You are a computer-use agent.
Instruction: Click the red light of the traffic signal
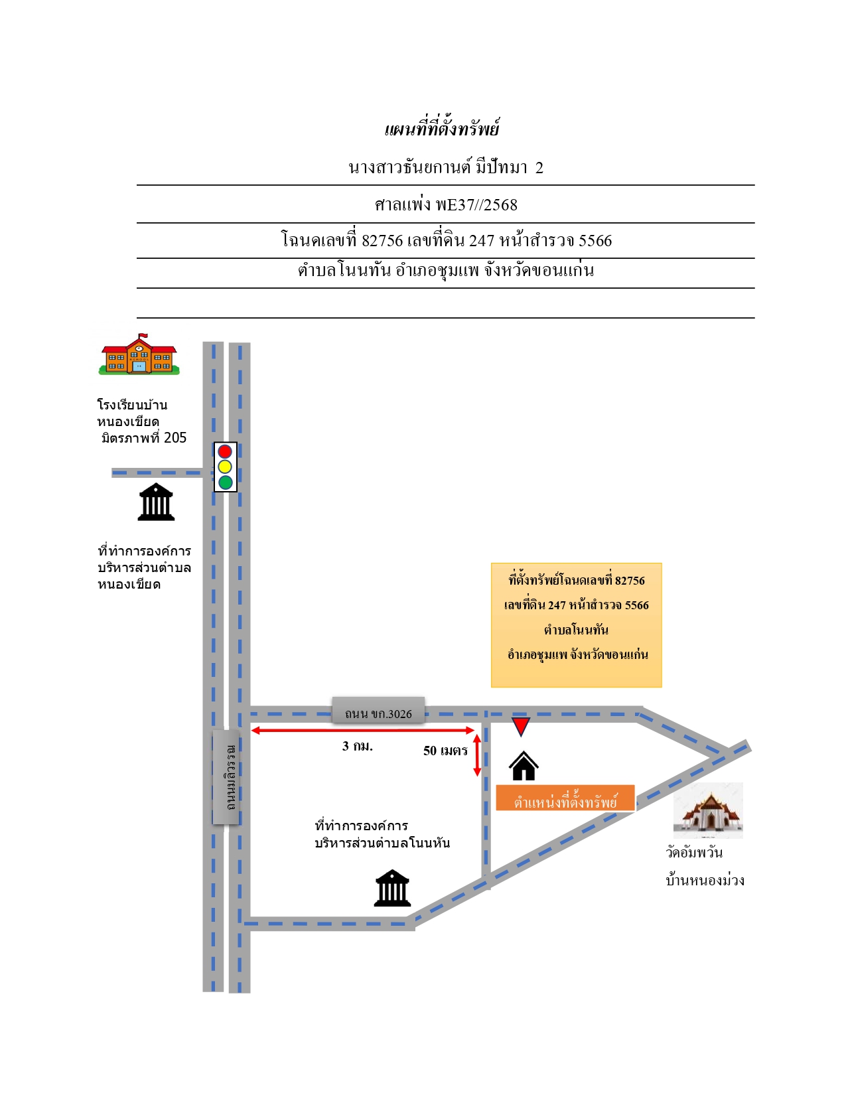click(x=225, y=451)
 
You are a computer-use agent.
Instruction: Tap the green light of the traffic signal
click(x=225, y=482)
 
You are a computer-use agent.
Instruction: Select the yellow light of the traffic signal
click(x=225, y=467)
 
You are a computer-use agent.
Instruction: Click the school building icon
click(x=139, y=354)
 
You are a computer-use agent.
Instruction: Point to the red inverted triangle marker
click(x=520, y=725)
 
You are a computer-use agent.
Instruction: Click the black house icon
click(x=524, y=766)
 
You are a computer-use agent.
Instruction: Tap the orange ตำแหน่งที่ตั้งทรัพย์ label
click(x=565, y=798)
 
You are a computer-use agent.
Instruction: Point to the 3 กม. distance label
click(x=357, y=747)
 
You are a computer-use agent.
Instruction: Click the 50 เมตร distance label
click(x=445, y=751)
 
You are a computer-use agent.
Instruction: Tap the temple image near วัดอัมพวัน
click(x=708, y=811)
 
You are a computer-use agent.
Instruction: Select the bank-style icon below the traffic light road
click(x=156, y=502)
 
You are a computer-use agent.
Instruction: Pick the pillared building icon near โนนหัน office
click(x=393, y=888)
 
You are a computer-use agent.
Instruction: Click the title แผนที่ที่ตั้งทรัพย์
click(x=442, y=128)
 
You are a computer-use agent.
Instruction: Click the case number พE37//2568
click(x=476, y=205)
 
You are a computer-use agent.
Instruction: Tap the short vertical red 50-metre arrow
click(x=476, y=755)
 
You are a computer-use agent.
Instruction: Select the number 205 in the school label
click(x=175, y=437)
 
